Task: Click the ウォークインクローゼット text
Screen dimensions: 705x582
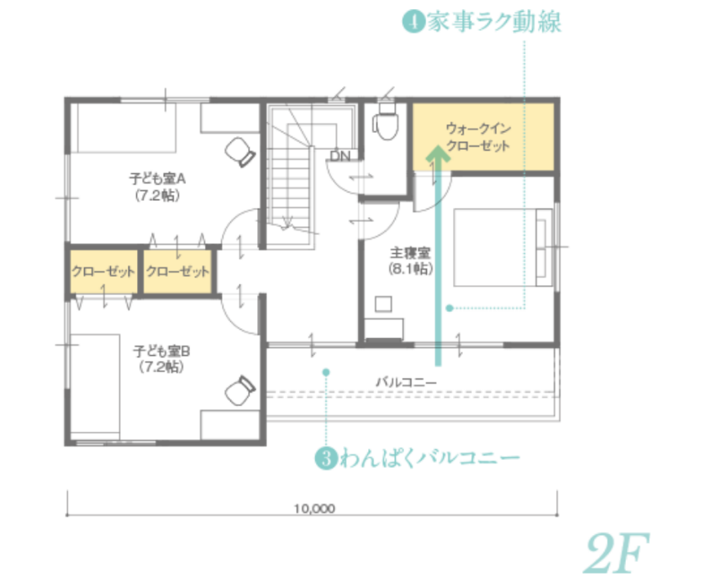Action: tap(478, 137)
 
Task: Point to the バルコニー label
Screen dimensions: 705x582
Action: tap(406, 382)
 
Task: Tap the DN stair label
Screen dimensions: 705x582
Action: tap(340, 156)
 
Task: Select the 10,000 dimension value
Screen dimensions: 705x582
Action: tap(314, 509)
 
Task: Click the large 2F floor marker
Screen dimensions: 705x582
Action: tap(617, 553)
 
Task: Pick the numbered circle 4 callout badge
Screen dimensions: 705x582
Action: tap(413, 22)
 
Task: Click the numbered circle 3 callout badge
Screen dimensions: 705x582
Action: tap(326, 458)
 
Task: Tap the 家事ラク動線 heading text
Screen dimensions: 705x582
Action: tap(494, 22)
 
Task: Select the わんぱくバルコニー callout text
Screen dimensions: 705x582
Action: tap(430, 458)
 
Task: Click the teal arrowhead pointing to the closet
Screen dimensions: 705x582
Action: tap(438, 153)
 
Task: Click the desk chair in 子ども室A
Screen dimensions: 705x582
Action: tap(240, 152)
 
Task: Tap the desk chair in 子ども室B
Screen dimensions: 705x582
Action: tap(240, 389)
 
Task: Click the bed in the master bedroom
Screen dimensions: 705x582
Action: tap(502, 247)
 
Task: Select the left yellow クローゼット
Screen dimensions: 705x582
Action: tap(103, 272)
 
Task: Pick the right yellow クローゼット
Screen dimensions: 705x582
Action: tap(177, 272)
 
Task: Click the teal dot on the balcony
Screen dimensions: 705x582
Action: tap(326, 373)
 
